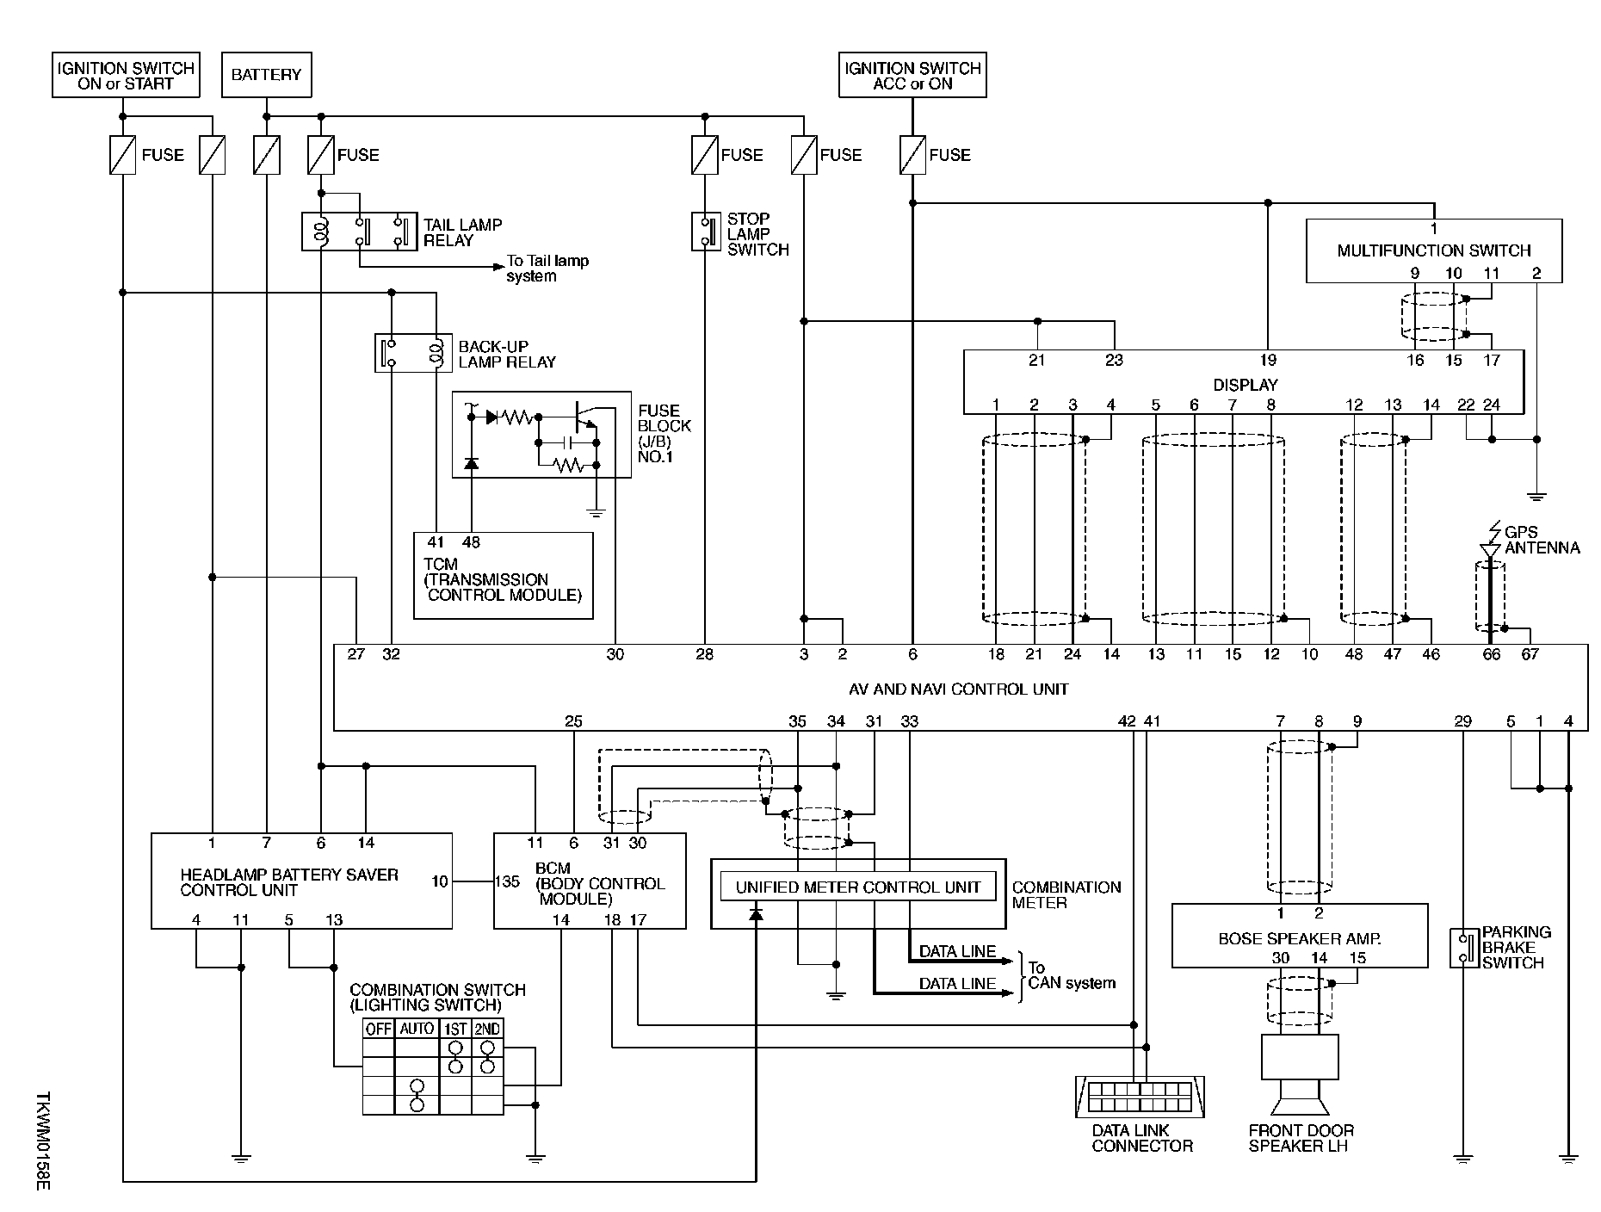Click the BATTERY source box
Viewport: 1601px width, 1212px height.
[266, 75]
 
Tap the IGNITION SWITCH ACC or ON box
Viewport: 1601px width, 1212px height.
[912, 76]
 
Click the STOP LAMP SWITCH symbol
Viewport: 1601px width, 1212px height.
[705, 232]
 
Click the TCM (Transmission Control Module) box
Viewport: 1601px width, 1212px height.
[504, 576]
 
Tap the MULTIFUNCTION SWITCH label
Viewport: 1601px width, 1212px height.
[1433, 250]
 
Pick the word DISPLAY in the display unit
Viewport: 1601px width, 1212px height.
[1245, 385]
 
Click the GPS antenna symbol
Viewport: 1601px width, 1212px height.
[1490, 549]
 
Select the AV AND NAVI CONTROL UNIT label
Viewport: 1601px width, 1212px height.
[959, 689]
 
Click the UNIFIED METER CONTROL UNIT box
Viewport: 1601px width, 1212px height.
[857, 887]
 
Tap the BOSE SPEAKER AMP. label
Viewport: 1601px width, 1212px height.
[1299, 939]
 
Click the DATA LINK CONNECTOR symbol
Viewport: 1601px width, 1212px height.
[1140, 1098]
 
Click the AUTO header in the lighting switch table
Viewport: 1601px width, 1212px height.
[417, 1029]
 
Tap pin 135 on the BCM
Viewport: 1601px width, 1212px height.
[507, 881]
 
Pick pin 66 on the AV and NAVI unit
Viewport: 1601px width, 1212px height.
[1491, 654]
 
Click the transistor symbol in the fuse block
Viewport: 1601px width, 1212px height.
[585, 415]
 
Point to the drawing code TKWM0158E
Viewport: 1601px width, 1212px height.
[44, 1141]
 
